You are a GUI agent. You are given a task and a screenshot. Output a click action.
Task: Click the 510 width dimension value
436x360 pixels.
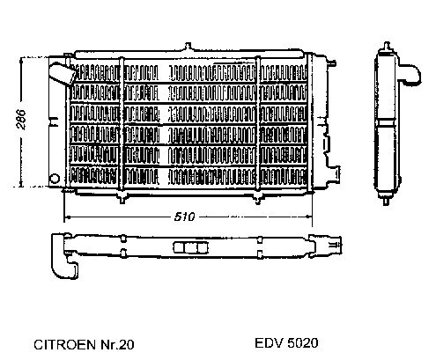tap(184, 217)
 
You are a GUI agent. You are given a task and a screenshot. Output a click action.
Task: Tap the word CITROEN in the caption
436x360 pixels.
tap(64, 344)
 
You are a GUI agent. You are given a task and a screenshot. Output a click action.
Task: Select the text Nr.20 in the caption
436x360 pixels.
tap(117, 344)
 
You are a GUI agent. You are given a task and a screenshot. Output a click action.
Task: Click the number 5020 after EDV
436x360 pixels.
tap(303, 343)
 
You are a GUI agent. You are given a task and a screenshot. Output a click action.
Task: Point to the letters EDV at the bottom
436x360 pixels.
tap(270, 343)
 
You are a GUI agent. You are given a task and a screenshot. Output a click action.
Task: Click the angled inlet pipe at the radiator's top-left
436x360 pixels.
tap(63, 73)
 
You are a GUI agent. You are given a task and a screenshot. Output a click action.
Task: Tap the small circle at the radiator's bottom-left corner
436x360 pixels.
tap(55, 179)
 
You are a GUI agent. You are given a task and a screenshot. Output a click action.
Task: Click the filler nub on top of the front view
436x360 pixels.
tap(188, 47)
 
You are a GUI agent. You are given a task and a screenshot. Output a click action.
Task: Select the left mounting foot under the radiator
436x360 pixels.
tap(122, 197)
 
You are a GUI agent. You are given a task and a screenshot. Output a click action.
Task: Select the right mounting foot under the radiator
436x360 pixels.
tap(258, 197)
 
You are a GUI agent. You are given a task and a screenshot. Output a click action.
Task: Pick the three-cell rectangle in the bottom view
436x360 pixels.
tap(190, 248)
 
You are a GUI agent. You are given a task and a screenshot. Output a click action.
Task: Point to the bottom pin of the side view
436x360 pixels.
tap(387, 201)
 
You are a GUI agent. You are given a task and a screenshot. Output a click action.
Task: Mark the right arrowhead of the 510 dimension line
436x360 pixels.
tap(308, 217)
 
